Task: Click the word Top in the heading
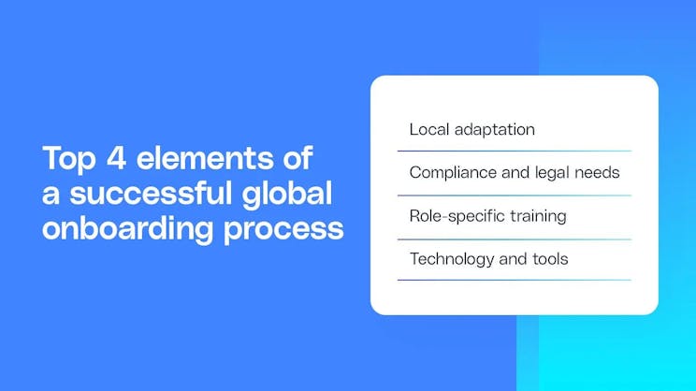click(x=67, y=158)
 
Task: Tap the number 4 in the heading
click(x=117, y=158)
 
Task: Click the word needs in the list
click(x=599, y=173)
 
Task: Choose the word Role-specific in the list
click(x=455, y=216)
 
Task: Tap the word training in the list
click(x=535, y=216)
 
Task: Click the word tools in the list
click(x=548, y=259)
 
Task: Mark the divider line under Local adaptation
click(x=514, y=152)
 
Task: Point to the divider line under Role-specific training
click(x=514, y=239)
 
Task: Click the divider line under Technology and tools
click(x=514, y=281)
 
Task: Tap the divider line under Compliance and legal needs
click(x=514, y=195)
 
